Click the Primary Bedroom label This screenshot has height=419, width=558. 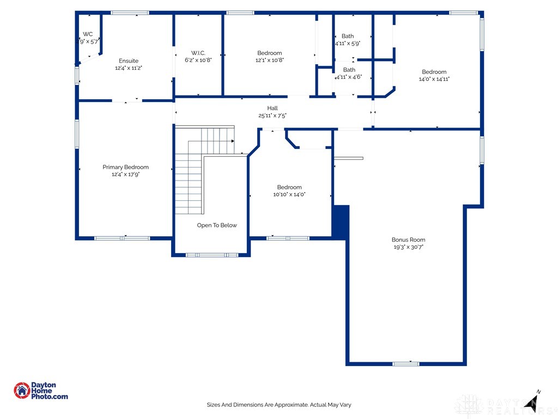click(125, 167)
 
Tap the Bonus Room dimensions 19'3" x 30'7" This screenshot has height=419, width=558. click(408, 247)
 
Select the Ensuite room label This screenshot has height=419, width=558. click(129, 61)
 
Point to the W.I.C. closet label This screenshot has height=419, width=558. click(197, 53)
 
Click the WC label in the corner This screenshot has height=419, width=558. click(88, 34)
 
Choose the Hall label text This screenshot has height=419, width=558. click(272, 108)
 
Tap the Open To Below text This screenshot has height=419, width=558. click(217, 225)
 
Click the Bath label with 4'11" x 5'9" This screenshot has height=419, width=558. click(348, 36)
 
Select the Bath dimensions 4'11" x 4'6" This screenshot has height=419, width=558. click(349, 77)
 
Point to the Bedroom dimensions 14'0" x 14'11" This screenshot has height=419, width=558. click(434, 79)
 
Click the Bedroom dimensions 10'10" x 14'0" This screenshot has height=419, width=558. click(289, 194)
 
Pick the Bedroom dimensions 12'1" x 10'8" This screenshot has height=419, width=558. click(270, 60)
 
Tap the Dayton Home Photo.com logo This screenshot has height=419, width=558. click(41, 391)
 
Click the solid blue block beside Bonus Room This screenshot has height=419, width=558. click(341, 222)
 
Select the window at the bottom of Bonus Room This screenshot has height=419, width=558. click(406, 363)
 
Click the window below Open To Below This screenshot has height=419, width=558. click(211, 255)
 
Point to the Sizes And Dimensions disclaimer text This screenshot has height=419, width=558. click(278, 405)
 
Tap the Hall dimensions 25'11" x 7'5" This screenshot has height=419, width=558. click(272, 115)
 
